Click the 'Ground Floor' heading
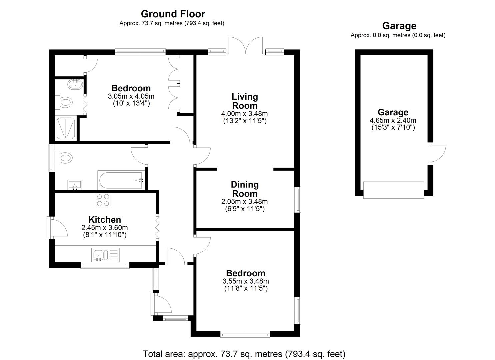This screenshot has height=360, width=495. point(173,14)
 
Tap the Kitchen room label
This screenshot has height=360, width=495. point(105,220)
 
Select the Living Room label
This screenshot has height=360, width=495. point(245,101)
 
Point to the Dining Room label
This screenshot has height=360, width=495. point(245,189)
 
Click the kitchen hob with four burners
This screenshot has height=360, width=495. point(103,200)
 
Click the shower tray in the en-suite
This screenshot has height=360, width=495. point(66,128)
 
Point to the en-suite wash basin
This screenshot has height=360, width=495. point(75,85)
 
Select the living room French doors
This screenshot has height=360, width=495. point(246,46)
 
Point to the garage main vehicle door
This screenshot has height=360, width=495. point(393,190)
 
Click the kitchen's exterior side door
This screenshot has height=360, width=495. point(57,227)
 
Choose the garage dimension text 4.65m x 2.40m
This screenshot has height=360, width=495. point(393,121)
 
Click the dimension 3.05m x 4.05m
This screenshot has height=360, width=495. point(131,96)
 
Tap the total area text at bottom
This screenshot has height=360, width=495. point(244,354)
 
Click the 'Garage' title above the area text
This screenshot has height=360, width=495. point(399,26)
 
